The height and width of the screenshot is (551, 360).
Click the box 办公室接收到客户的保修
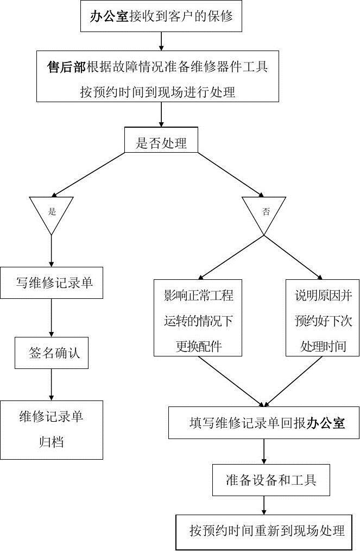161,16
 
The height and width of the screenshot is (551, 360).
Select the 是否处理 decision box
161,143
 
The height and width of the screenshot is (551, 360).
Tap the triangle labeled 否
265,211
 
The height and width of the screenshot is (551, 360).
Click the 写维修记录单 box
52,283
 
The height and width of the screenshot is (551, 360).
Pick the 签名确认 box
52,353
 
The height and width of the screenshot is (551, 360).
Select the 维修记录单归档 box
52,430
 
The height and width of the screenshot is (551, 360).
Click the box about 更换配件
198,318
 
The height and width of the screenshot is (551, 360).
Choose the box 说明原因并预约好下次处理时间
323,318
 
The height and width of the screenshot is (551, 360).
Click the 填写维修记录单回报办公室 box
264,422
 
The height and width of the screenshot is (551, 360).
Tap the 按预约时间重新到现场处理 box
267,531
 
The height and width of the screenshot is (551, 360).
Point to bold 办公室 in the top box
109,16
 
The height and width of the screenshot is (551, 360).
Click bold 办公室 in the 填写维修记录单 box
326,423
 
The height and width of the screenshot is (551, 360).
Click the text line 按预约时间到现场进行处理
157,92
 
